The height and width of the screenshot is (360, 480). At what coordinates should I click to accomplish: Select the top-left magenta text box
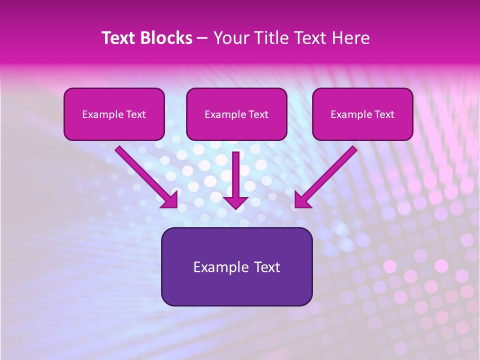click(114, 114)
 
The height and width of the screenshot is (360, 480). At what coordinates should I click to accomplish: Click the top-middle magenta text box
click(236, 114)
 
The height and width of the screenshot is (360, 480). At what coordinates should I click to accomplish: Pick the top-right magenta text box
click(362, 114)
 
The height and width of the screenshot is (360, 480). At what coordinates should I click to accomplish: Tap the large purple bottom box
click(236, 266)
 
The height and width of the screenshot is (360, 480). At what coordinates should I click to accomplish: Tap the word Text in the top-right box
click(384, 114)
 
